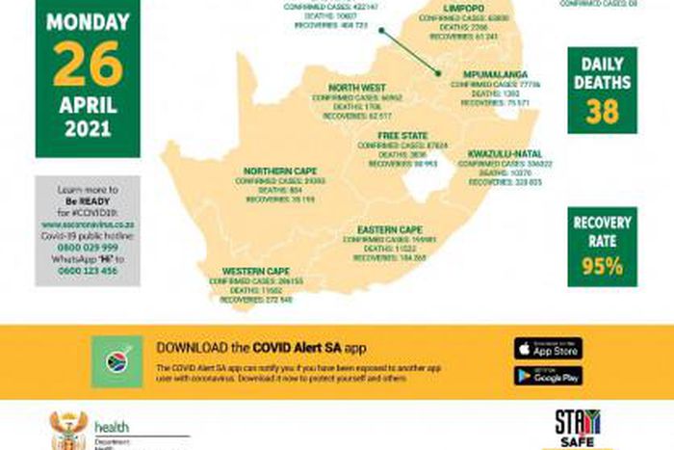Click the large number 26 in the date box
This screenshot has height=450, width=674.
coord(88,65)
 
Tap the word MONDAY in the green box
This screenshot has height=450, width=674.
coord(88,20)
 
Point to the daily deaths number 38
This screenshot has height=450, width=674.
coord(602,112)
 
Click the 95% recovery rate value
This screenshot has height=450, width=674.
coord(602,266)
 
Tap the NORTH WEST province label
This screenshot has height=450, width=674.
coord(356,88)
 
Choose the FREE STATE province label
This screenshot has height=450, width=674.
coord(402,135)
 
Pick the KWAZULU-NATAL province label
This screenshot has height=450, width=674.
coord(505,153)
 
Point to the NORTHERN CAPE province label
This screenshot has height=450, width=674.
coord(273,171)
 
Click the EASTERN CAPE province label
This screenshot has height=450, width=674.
coord(390,228)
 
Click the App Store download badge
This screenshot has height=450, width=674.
coord(548,348)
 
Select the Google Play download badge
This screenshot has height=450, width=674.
coord(548,375)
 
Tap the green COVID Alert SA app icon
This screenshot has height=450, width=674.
coord(117,361)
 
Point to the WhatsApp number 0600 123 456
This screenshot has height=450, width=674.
coord(88,271)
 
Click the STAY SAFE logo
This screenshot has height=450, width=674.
coord(577,429)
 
